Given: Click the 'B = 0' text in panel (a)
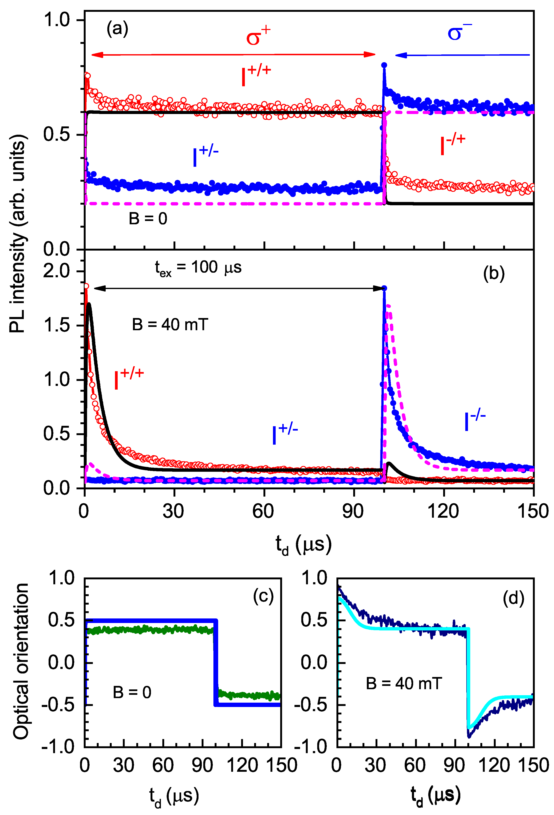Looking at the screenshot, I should coord(148,219).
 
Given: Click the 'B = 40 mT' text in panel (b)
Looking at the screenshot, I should coord(170,325).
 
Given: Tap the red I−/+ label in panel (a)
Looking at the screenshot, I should coord(452,144).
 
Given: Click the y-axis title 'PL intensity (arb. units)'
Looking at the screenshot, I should coord(18,233).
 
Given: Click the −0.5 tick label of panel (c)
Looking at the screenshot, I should coord(58,705).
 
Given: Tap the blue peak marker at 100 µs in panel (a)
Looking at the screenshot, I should coord(384,65).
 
